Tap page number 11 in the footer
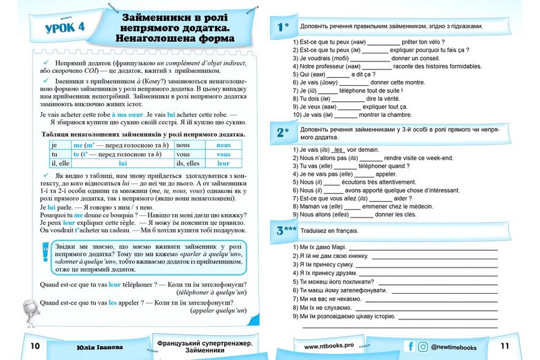[506, 346]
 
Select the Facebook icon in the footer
[409, 346]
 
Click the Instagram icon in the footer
[423, 346]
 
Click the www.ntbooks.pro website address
[329, 346]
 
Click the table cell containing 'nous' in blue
[223, 145]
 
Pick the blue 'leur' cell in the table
[223, 163]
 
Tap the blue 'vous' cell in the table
[223, 154]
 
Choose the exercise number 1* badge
[283, 27]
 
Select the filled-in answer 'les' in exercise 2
[339, 150]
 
